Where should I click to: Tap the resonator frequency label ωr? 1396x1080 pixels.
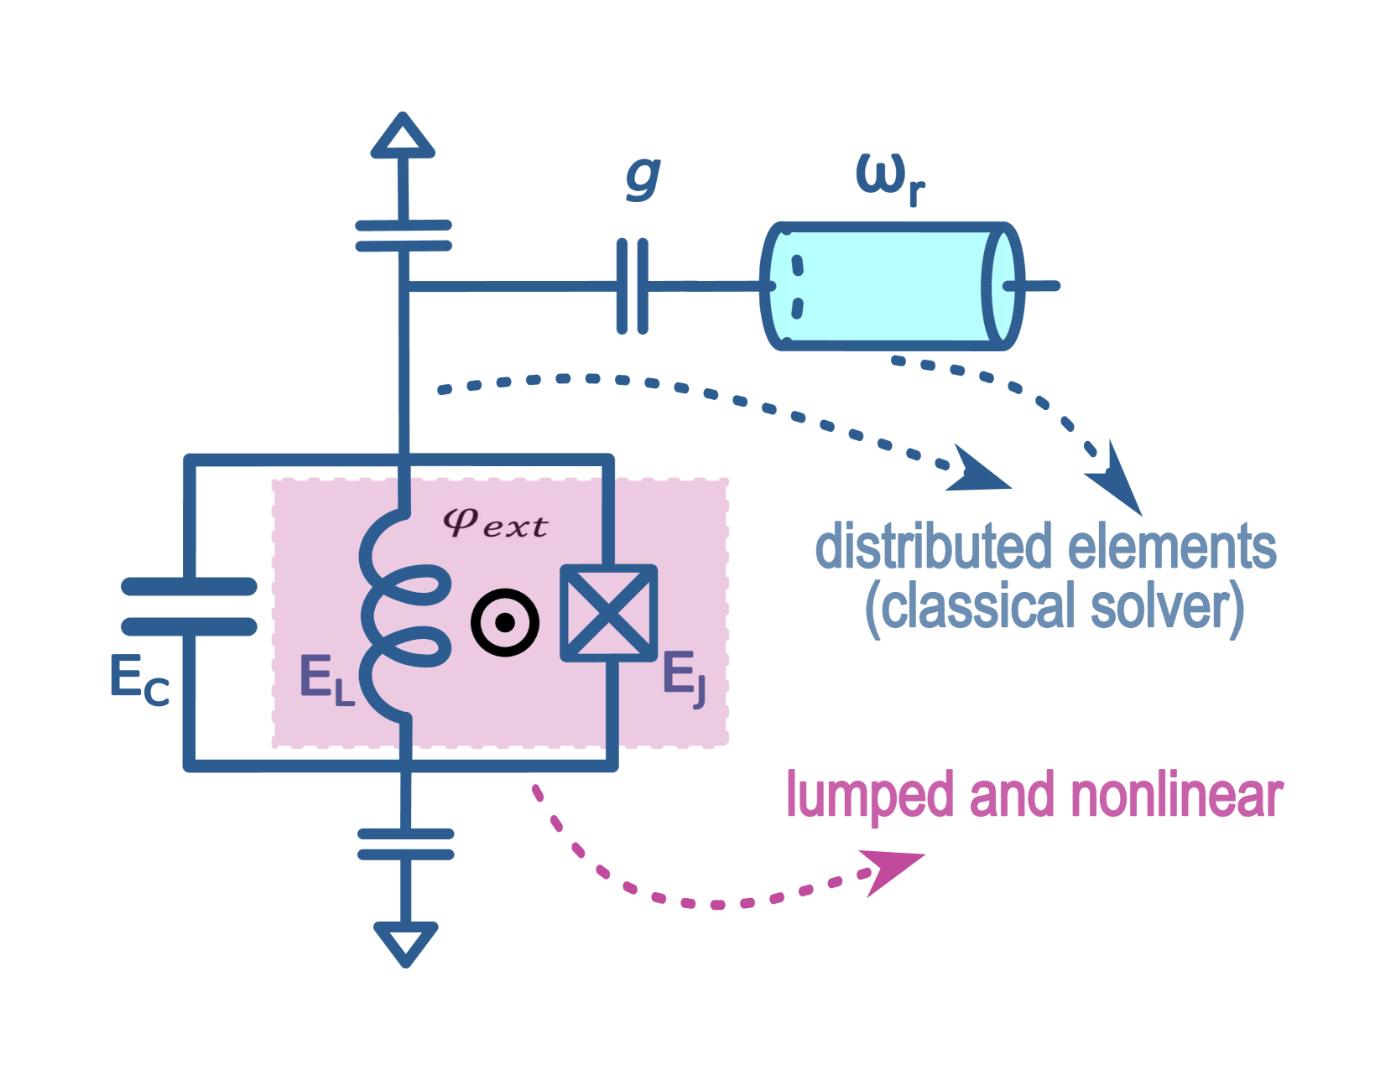[890, 180]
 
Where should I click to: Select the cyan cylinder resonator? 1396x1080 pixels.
[892, 286]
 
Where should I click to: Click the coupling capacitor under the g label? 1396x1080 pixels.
[632, 286]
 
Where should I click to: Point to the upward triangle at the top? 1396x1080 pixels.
[404, 138]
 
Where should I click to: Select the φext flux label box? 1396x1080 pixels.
[494, 524]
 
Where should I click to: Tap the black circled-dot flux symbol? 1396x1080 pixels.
[504, 622]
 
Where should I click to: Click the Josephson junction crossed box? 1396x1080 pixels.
[608, 612]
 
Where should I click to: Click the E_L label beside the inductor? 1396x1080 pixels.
[326, 680]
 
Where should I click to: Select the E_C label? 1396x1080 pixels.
[139, 680]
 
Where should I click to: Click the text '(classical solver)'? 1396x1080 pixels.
[1055, 607]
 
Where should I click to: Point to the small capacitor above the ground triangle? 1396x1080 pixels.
[406, 844]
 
